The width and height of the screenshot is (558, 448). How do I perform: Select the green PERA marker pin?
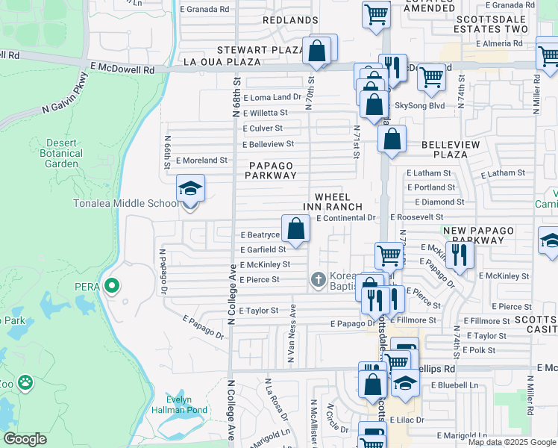click(x=111, y=284)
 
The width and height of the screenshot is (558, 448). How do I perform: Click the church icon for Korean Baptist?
click(x=318, y=279)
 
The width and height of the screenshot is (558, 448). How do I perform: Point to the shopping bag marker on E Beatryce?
click(x=296, y=228)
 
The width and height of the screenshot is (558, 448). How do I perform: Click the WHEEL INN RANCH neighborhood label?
click(x=333, y=202)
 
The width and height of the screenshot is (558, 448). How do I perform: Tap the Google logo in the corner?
click(x=25, y=439)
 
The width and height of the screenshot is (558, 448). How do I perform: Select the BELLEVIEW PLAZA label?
click(x=445, y=149)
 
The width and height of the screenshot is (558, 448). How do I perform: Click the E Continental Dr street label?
click(x=345, y=218)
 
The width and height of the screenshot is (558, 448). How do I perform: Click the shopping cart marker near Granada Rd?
click(x=377, y=13)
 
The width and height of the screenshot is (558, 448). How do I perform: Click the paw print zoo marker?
click(x=26, y=382)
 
